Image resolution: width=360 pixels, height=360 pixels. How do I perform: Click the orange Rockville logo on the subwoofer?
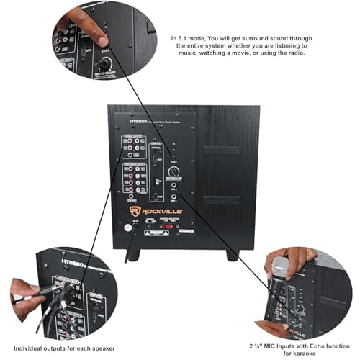point(157,211)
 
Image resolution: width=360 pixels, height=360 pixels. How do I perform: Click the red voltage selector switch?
point(171,225)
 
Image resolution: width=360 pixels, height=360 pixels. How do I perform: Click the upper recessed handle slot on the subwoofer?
point(221,150)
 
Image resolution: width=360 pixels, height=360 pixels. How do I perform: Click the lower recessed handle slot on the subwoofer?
point(221,199)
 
